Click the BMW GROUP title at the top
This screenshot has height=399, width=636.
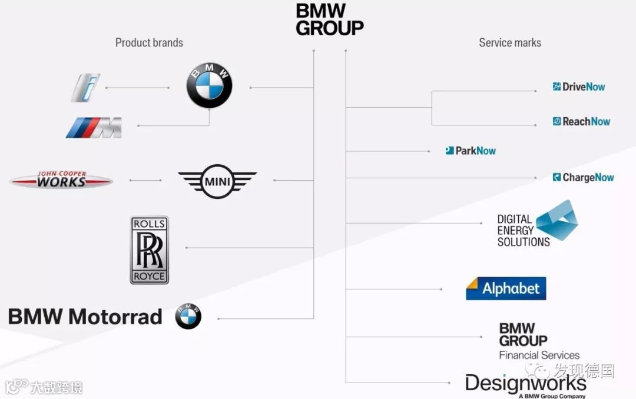(329, 19)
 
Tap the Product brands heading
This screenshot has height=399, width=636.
(149, 42)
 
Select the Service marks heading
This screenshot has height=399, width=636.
(509, 42)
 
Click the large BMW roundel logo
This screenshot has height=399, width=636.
(209, 87)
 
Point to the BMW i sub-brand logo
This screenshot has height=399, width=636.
(86, 88)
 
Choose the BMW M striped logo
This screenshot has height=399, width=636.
(94, 127)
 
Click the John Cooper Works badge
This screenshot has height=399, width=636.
(61, 179)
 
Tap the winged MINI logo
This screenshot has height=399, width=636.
(217, 181)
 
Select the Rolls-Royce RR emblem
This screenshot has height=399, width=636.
(150, 250)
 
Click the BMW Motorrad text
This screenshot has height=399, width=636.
(85, 317)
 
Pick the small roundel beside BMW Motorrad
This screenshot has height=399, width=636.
(188, 317)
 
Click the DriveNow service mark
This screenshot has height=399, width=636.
(579, 87)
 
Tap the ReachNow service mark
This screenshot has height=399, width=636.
(581, 121)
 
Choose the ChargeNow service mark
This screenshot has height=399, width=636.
(583, 177)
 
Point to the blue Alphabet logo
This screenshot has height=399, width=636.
(506, 288)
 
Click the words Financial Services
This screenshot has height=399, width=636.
(539, 355)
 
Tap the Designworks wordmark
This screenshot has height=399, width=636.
(525, 384)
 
